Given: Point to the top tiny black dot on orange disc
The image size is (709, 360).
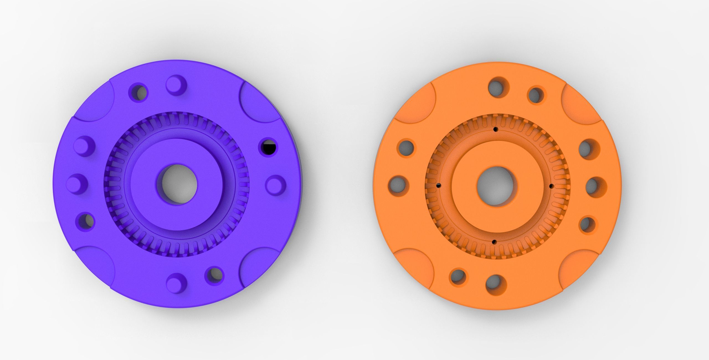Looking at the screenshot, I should [495, 129].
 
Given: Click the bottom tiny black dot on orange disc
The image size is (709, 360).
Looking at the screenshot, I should [493, 242].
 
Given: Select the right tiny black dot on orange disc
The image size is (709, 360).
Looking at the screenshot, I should [551, 185].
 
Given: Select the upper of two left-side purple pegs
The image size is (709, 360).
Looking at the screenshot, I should [85, 146].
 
